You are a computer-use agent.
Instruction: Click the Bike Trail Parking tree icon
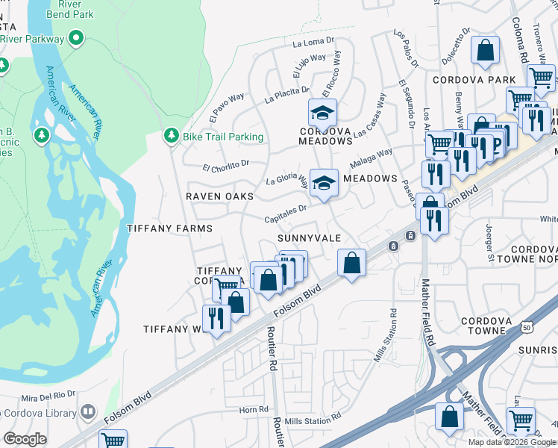click(x=172, y=136)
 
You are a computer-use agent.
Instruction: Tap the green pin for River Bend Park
click(x=75, y=38)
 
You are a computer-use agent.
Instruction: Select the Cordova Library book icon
click(x=88, y=412)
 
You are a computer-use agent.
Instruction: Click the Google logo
click(x=25, y=440)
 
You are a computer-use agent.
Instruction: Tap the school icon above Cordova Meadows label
click(x=323, y=113)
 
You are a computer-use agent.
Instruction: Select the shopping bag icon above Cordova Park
click(x=486, y=52)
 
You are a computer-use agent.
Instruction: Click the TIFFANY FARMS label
click(x=169, y=228)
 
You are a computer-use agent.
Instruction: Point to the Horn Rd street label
click(x=254, y=409)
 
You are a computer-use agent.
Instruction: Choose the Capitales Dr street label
click(x=286, y=214)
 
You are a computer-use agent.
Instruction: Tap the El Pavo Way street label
click(x=227, y=108)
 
